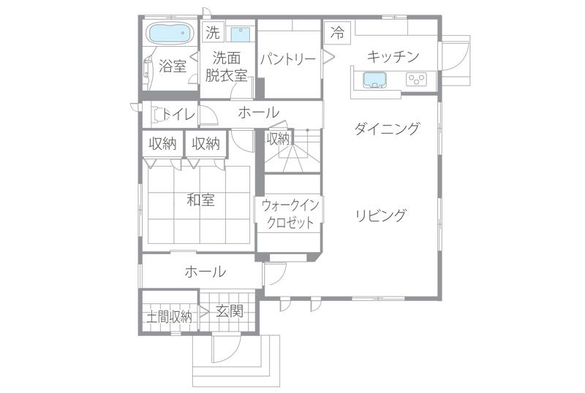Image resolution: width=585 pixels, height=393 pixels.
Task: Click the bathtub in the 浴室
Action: click(170, 33)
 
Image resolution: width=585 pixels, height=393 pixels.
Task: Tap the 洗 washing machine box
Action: click(213, 32)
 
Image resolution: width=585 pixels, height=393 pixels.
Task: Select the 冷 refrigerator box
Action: click(338, 32)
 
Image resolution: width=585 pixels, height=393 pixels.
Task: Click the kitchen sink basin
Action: click(374, 80)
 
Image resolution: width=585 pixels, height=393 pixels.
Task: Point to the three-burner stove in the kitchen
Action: click(417, 79)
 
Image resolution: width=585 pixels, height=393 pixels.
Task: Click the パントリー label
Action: click(288, 59)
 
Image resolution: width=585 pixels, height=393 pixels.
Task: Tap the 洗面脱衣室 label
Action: click(226, 66)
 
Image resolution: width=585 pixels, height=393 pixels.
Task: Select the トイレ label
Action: click(179, 114)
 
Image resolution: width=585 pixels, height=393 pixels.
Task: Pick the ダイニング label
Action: click(387, 129)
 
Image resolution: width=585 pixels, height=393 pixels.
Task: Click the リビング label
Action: click(380, 215)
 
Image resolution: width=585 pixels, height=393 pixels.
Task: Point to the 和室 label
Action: click(200, 200)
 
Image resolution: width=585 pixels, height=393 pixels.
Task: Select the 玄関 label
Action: click(230, 310)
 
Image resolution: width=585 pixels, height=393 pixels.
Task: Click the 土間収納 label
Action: click(169, 316)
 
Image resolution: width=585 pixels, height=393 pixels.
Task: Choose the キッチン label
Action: click(393, 56)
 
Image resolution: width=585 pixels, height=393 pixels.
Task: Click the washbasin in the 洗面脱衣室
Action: click(241, 34)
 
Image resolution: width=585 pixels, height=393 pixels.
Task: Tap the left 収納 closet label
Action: click(162, 144)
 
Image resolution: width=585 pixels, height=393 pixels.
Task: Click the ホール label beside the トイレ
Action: click(259, 112)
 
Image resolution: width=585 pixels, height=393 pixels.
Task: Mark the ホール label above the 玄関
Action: click(205, 272)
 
